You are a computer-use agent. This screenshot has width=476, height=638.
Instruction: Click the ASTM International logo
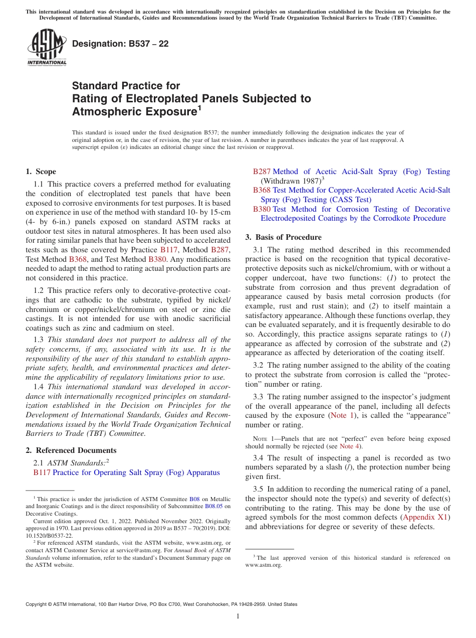46,48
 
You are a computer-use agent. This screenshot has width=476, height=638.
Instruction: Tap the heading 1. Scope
41,172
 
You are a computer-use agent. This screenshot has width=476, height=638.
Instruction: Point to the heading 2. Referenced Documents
71,450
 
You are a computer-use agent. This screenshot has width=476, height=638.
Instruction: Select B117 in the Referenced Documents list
42,472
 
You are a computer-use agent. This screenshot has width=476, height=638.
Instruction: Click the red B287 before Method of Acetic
262,172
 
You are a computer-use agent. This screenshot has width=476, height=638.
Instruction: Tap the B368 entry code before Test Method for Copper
262,190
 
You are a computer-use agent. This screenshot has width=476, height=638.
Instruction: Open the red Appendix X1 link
426,517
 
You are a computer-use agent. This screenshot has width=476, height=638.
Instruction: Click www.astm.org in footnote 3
264,565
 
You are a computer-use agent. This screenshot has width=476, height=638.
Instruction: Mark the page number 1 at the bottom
238,616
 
